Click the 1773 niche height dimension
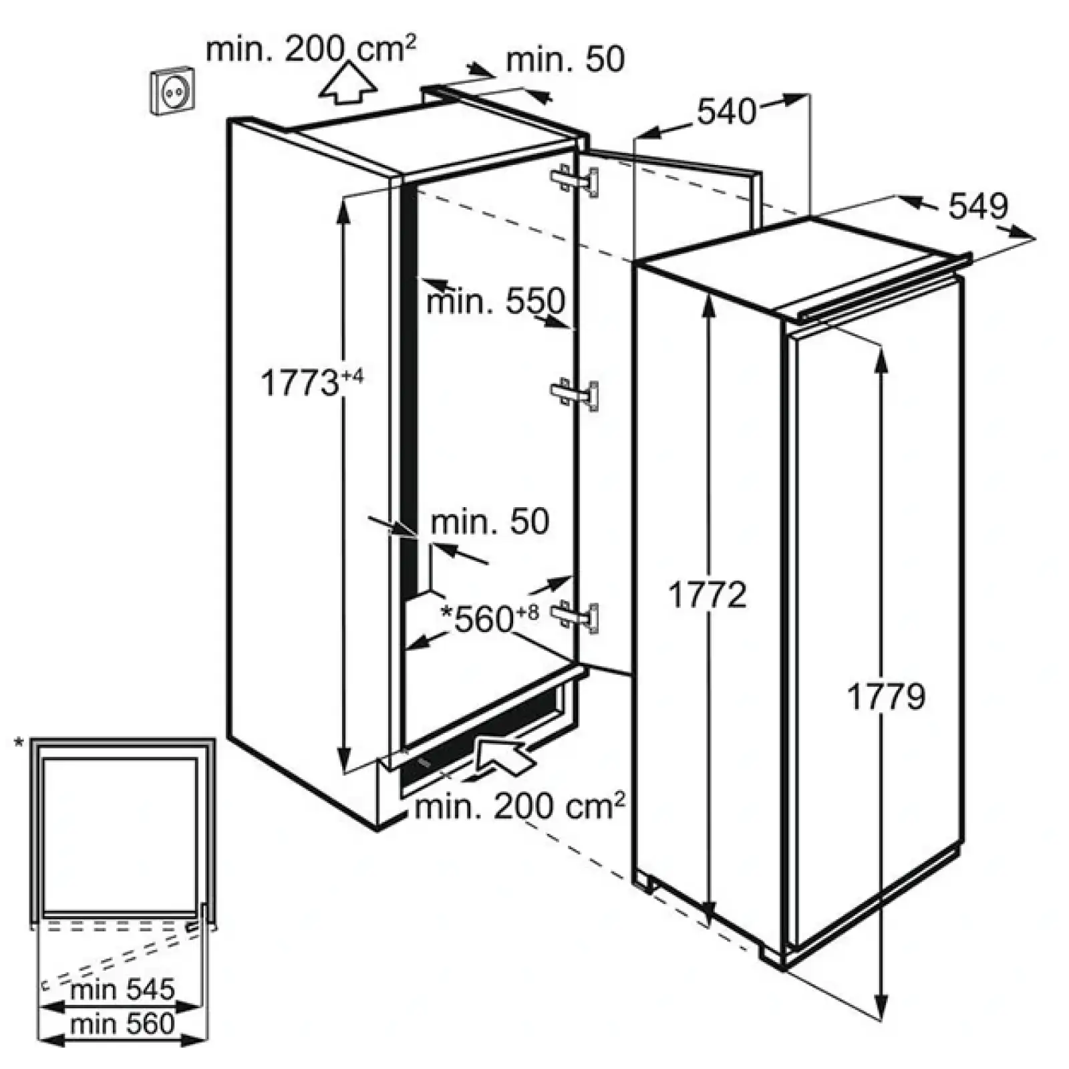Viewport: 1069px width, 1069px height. tap(312, 384)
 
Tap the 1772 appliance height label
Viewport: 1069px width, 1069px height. tap(707, 595)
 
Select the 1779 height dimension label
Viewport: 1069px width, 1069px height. tap(886, 697)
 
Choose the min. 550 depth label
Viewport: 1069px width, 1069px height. tap(496, 301)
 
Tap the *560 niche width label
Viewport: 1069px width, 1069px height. tap(490, 618)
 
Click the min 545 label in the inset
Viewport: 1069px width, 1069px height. tap(122, 989)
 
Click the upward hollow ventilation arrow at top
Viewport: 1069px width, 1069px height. tap(347, 83)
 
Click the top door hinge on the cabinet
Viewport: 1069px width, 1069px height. tap(575, 180)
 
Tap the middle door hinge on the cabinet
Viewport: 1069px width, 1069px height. tap(575, 394)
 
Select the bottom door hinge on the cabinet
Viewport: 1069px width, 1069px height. tap(575, 616)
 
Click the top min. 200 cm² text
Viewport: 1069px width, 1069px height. tap(311, 49)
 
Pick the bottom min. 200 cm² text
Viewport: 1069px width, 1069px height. tap(520, 806)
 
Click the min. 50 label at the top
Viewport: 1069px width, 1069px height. tap(565, 59)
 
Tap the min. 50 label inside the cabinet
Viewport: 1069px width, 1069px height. tap(490, 521)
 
